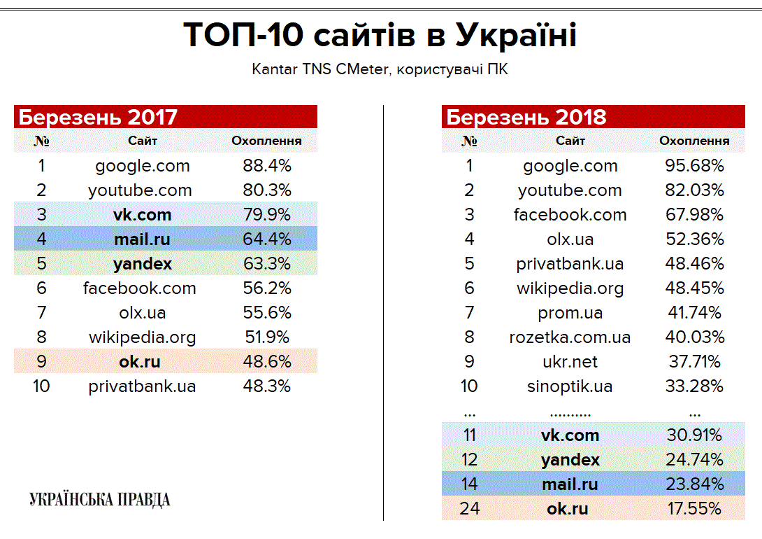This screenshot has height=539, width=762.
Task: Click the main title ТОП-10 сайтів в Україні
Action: point(380,36)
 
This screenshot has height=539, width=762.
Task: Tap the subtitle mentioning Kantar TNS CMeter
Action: point(380,70)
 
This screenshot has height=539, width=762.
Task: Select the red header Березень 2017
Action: point(98,117)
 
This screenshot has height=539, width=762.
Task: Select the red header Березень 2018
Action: point(526,117)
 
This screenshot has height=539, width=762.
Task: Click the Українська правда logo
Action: point(99,499)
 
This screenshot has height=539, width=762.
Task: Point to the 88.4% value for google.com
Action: point(266,166)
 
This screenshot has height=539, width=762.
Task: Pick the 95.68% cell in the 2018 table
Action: point(694,166)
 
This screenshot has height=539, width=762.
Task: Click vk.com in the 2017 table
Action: point(143,215)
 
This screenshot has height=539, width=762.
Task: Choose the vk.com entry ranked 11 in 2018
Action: point(570,435)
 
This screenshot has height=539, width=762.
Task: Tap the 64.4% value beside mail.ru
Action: point(266,239)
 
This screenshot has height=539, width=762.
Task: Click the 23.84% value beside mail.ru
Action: point(694,484)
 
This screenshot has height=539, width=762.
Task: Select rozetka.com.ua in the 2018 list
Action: point(570,337)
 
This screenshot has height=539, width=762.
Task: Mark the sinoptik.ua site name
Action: point(570,386)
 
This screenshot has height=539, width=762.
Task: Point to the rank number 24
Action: point(469,509)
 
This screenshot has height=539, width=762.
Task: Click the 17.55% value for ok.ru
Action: point(694,509)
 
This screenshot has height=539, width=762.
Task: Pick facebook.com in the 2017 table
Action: point(139,288)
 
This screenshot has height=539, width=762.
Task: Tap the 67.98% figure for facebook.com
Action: point(694,215)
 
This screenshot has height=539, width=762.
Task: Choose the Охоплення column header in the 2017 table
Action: point(266,141)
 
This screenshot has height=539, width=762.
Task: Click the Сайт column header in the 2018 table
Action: point(570,141)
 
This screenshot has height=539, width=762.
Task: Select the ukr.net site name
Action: point(570,362)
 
